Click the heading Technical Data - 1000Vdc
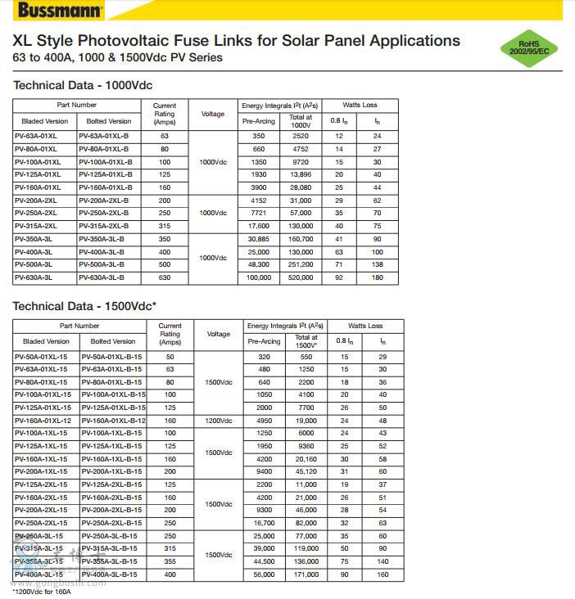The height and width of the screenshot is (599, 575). tap(83, 85)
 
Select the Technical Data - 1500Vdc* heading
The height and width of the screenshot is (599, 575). tap(84, 306)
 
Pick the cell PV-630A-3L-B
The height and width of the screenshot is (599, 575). tap(102, 277)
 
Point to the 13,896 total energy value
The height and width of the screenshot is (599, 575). tap(301, 174)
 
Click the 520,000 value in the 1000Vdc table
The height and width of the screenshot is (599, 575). tap(301, 277)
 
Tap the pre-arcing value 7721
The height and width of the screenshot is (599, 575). tap(259, 213)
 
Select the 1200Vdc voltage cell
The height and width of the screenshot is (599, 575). tap(219, 421)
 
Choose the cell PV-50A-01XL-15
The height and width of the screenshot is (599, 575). tap(41, 357)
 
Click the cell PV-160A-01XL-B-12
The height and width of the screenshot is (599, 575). tap(113, 421)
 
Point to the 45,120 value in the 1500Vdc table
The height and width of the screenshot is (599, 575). tap(306, 471)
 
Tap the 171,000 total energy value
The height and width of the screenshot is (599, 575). tap(306, 574)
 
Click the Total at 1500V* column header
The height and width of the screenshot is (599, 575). tap(306, 341)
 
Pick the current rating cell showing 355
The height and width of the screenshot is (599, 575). tap(170, 561)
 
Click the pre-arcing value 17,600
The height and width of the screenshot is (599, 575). tap(259, 226)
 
